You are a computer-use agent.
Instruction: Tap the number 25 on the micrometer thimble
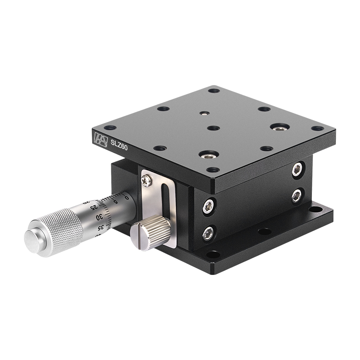click(x=94, y=207)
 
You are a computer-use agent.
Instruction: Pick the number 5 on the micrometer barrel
click(x=115, y=201)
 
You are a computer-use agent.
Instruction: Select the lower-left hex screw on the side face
click(x=208, y=232)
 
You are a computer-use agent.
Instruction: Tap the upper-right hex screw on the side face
click(x=297, y=169)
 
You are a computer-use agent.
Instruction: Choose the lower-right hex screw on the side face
click(x=297, y=195)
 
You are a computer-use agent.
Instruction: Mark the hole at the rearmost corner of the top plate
click(x=214, y=90)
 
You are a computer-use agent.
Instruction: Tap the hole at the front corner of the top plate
click(x=213, y=170)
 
